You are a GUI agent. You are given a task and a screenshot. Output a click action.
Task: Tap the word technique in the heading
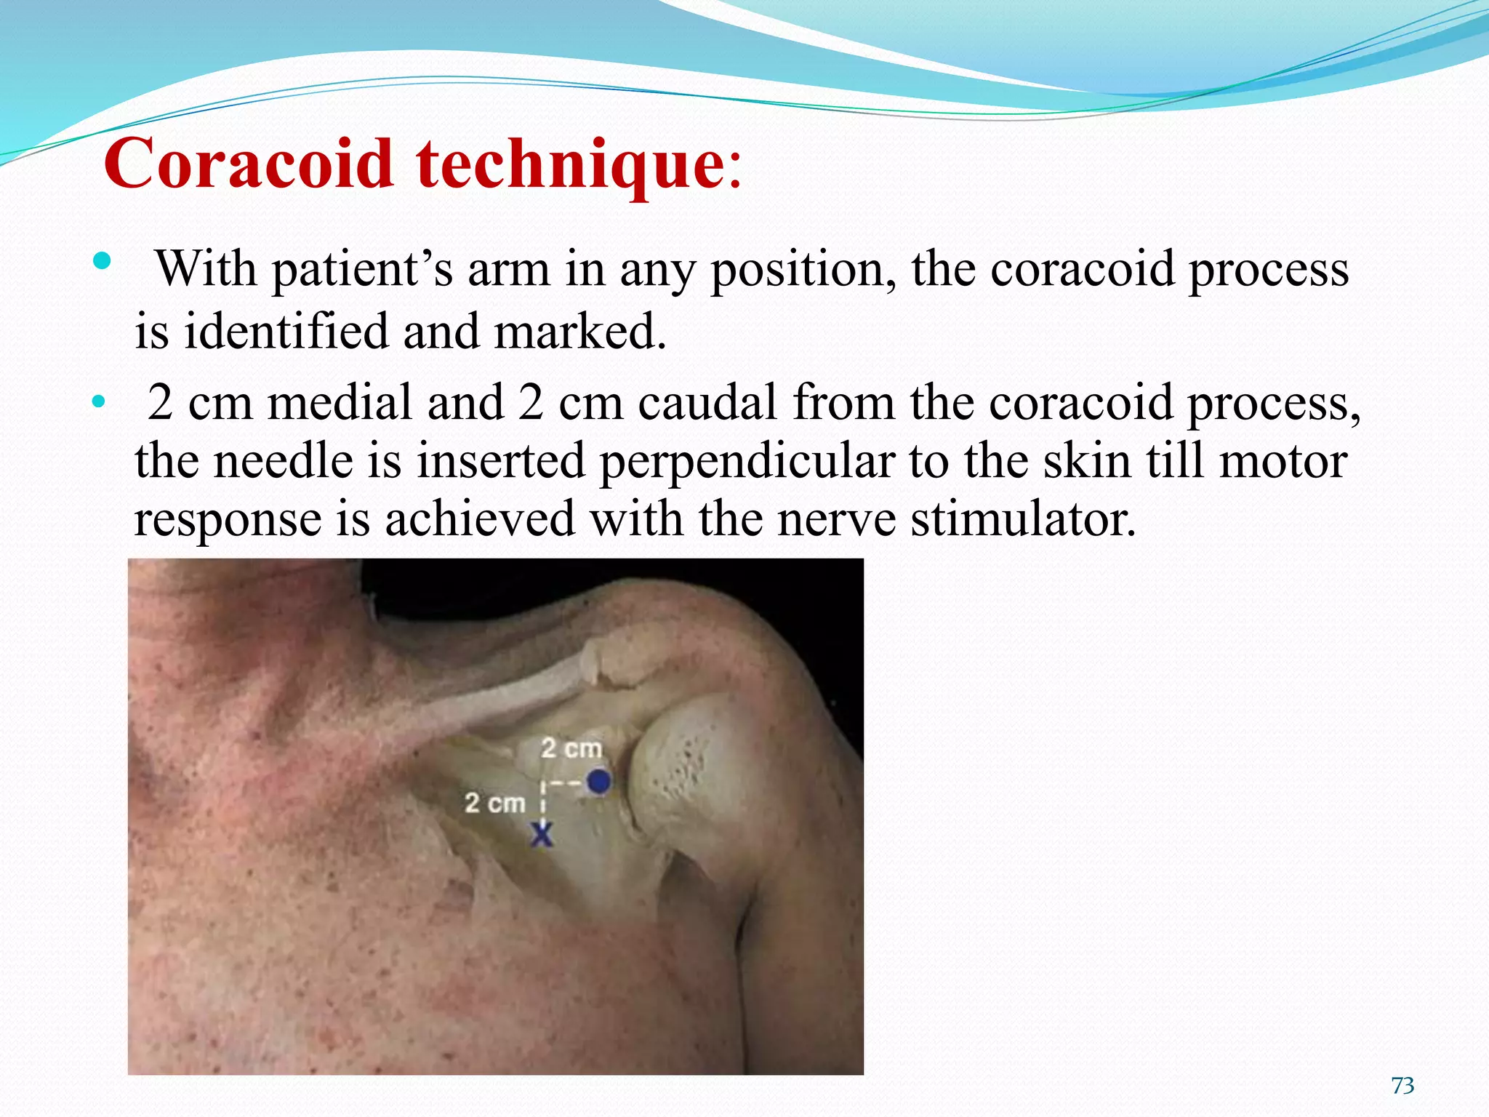569,164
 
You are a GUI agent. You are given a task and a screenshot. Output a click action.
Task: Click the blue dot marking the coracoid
598,782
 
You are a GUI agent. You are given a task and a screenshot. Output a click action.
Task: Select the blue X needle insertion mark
542,833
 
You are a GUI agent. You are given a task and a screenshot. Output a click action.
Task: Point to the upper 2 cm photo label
571,748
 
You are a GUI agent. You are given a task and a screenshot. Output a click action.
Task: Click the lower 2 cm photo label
495,804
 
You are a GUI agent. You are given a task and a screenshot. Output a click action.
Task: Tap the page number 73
1402,1086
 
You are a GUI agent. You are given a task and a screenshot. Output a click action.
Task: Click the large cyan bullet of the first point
103,260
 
